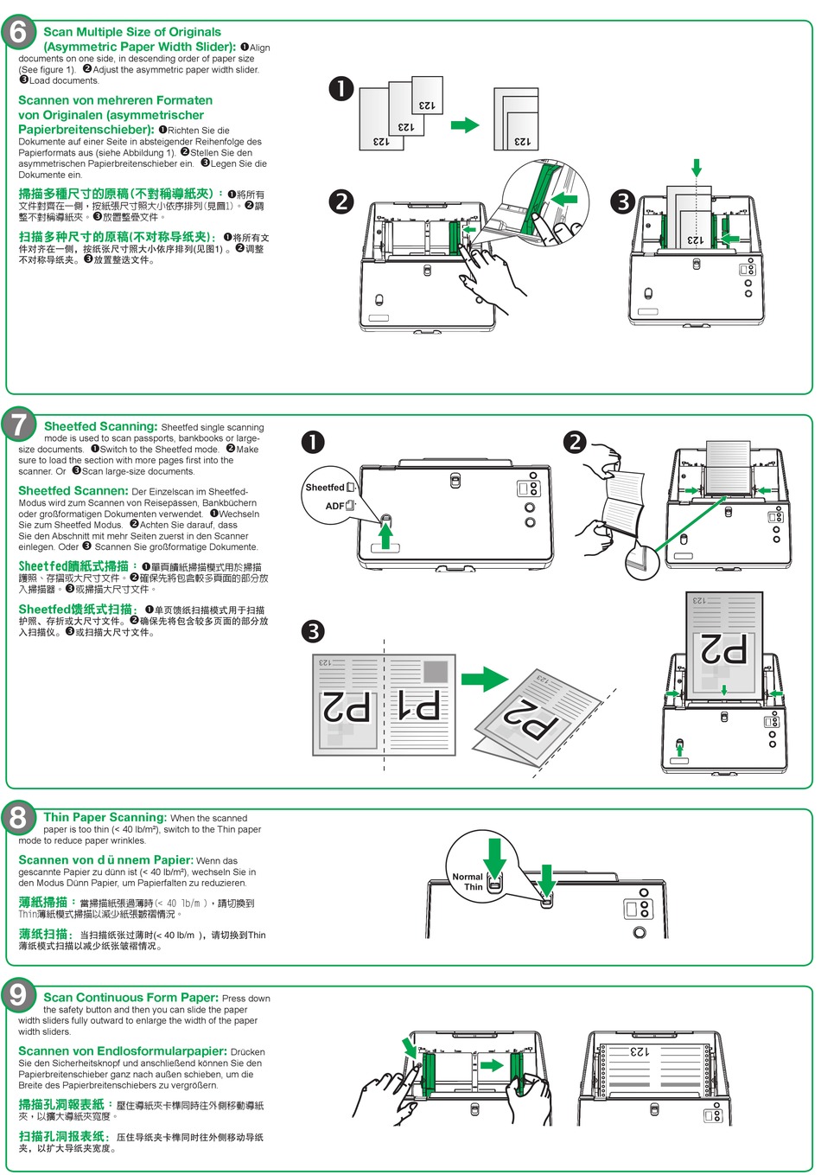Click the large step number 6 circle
pos(19,33)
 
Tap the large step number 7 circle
pos(19,425)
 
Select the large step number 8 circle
pos(19,816)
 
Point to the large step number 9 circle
pos(19,994)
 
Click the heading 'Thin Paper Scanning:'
pos(105,817)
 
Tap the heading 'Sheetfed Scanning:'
pos(100,426)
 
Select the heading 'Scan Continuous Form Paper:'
pos(130,998)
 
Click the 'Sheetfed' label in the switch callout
pos(325,488)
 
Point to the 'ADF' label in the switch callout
pos(334,506)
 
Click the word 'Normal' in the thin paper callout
pos(468,876)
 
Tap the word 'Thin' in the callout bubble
pos(474,887)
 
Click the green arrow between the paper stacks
pos(465,125)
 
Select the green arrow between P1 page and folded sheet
pos(484,680)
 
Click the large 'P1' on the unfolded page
pos(417,706)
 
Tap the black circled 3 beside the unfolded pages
pos(313,631)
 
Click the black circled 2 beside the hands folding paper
pos(575,443)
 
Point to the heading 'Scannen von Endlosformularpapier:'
pos(123,1051)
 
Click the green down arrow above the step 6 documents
pos(697,167)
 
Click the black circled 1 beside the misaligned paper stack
pos(341,88)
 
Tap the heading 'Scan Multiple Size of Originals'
pos(132,32)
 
